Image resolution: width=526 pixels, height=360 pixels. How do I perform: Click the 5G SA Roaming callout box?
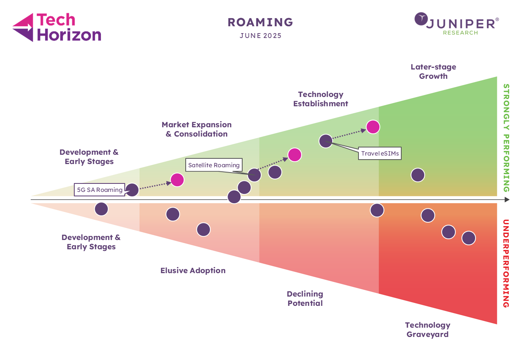(100, 189)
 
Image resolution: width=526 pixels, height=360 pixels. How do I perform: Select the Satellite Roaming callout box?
(214, 165)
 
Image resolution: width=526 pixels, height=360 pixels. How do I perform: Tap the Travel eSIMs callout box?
(380, 154)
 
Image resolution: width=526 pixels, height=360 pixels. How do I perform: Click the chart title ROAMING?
(260, 22)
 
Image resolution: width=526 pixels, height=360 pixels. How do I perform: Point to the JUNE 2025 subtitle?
(260, 36)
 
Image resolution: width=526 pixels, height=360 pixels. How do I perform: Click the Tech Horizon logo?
(57, 27)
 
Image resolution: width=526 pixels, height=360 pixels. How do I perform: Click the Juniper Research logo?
(457, 24)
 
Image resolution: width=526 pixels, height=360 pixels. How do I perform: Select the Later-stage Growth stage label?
(433, 72)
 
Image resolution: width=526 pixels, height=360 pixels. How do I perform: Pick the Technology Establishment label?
(321, 99)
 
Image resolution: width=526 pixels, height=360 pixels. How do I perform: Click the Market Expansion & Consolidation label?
(197, 129)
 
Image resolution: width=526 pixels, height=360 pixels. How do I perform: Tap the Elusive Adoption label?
(193, 270)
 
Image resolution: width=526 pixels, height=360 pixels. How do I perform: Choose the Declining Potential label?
(305, 299)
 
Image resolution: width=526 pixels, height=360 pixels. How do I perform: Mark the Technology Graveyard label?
(428, 329)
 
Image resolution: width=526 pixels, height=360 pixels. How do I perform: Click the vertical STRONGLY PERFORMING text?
(506, 138)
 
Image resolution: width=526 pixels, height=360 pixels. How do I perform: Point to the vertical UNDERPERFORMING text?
(506, 263)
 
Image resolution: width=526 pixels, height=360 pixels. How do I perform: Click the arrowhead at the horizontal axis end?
(507, 200)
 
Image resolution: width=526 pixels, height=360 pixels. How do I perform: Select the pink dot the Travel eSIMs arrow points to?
(373, 127)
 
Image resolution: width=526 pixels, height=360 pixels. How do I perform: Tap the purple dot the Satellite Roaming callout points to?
(254, 175)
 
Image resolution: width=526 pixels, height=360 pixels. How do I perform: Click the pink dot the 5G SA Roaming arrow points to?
(177, 180)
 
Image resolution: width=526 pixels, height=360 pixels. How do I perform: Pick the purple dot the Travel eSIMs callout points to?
(326, 141)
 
